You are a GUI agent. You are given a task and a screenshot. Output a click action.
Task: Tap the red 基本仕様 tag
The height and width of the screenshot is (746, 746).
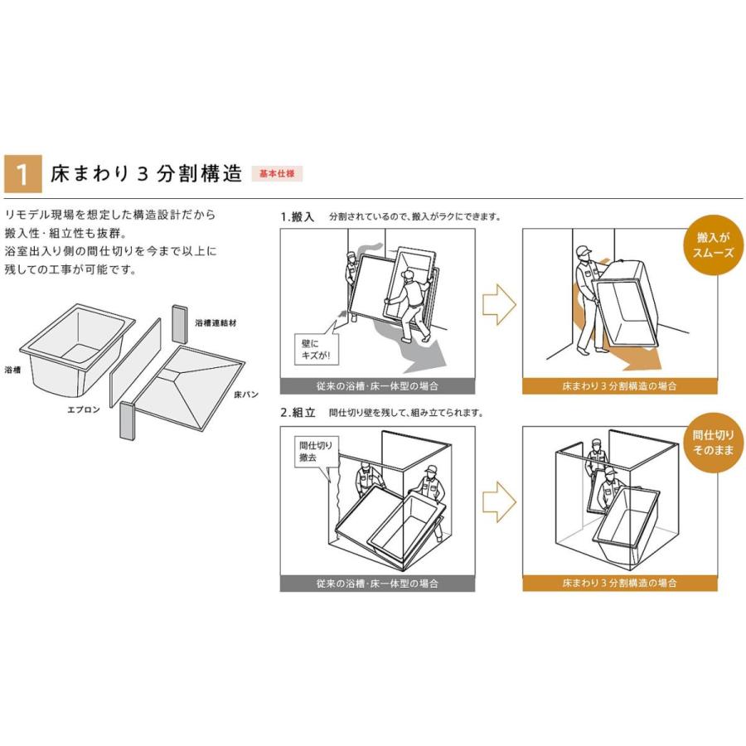pos(277,174)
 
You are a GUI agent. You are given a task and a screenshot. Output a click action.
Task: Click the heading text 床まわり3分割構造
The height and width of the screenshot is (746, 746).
pos(146,174)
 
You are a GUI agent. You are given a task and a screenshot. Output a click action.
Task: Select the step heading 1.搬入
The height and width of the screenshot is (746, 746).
pos(298,216)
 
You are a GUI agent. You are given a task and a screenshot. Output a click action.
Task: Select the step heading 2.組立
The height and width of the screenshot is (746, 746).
pos(298,412)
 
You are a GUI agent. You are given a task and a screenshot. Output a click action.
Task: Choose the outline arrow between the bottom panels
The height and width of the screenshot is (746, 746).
pos(499,501)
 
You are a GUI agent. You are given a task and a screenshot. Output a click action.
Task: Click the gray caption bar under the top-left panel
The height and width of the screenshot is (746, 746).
pos(377,386)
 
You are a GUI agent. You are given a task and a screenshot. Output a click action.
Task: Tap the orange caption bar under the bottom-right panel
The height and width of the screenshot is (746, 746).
pos(619,583)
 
